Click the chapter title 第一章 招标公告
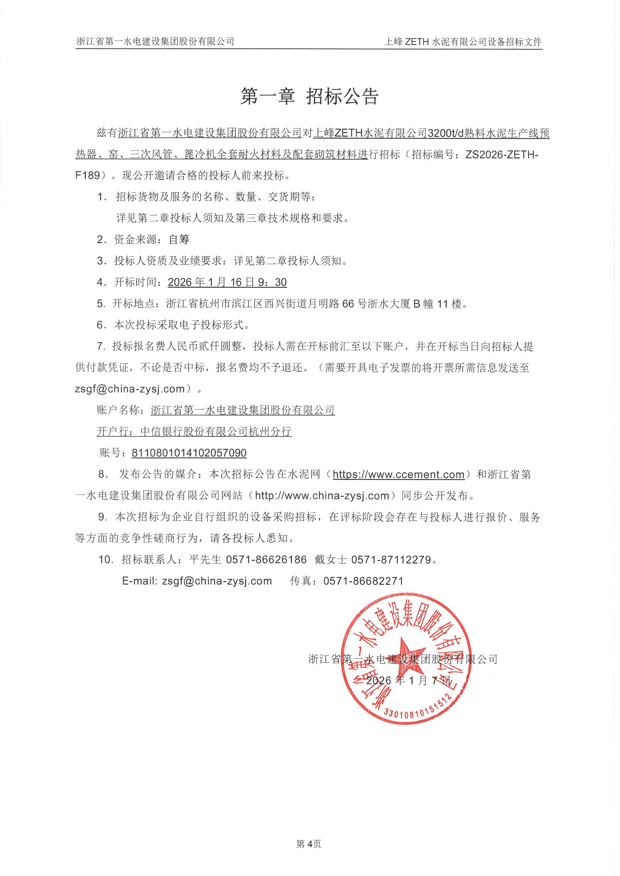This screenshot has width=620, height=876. (x=309, y=96)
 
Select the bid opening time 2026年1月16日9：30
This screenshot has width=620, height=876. (x=227, y=283)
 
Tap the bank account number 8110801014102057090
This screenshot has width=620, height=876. (x=189, y=453)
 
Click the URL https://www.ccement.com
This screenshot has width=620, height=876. (x=398, y=474)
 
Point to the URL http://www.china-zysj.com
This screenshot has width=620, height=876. (x=322, y=496)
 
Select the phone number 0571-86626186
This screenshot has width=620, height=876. (x=266, y=560)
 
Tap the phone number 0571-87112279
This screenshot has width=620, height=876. (x=391, y=560)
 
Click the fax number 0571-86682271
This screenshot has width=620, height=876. (x=363, y=581)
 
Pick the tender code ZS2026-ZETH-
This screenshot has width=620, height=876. (x=502, y=154)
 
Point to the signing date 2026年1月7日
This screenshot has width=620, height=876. (x=409, y=681)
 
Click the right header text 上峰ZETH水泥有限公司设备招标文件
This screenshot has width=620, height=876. (x=463, y=42)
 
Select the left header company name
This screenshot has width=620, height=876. (x=156, y=41)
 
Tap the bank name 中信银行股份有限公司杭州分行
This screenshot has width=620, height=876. (x=216, y=432)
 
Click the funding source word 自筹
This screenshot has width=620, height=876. (x=179, y=239)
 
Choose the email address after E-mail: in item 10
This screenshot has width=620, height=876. (x=217, y=581)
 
